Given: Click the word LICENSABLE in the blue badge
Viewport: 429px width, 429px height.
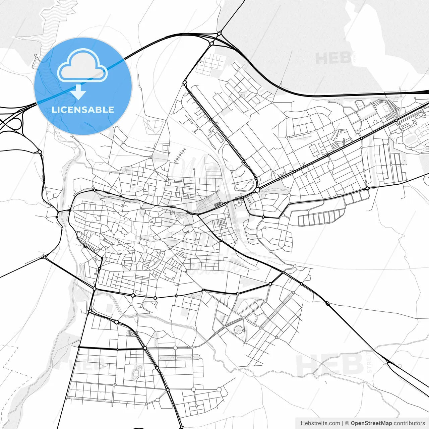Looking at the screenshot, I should coord(83,110).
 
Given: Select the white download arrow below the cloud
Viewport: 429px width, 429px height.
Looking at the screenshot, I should coord(78,92).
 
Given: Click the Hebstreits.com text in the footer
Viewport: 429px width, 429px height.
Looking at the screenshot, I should coord(320,423).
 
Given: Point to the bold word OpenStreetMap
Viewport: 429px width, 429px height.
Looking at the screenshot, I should coord(371,423).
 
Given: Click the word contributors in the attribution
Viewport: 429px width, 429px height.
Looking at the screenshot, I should coord(409,423).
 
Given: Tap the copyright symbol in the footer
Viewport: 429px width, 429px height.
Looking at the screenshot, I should coord(347,423).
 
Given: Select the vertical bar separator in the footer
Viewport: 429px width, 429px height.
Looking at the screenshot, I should coord(343,423).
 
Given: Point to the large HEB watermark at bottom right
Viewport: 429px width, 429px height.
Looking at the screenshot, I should coord(330,365).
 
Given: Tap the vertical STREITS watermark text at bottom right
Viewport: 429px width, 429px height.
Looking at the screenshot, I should coord(369,362).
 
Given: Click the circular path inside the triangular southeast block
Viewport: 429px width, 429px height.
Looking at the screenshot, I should coord(238,330).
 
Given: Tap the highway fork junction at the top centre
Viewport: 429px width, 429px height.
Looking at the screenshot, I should coord(219,34).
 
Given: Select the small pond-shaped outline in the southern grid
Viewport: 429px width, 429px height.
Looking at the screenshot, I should coord(136,373).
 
